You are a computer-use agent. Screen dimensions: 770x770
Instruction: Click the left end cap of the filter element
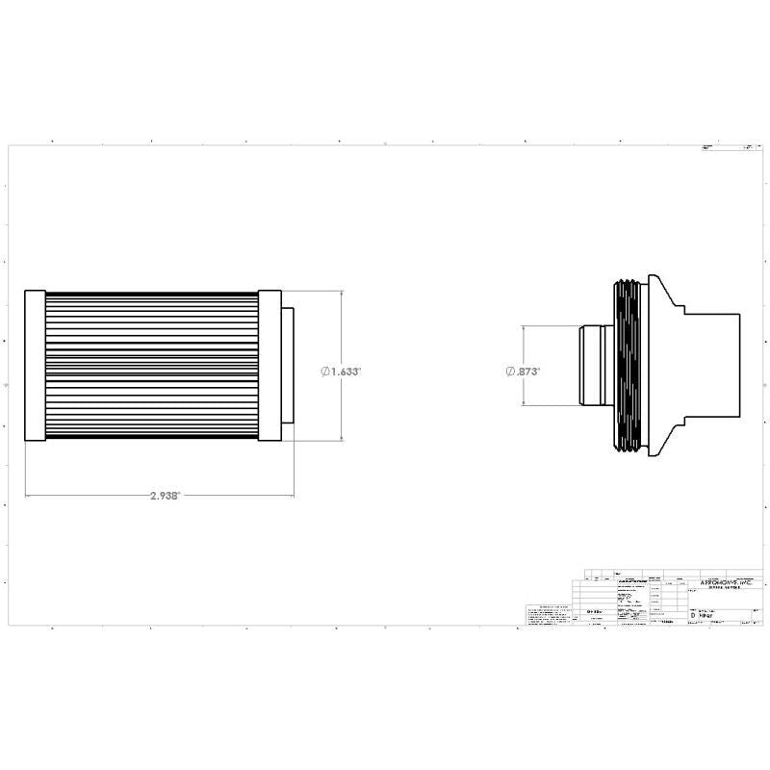point(35,365)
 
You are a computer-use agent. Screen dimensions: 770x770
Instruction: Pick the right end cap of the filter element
point(269,365)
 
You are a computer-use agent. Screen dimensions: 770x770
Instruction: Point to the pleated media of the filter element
point(151,365)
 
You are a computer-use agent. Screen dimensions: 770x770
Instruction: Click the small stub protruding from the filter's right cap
point(288,365)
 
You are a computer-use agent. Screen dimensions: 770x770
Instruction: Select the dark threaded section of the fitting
point(629,366)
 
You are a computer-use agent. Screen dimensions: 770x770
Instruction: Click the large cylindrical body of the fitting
point(712,366)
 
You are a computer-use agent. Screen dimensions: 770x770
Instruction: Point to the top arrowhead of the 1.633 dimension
point(343,293)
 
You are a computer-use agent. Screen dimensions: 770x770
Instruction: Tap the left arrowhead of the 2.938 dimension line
point(28,496)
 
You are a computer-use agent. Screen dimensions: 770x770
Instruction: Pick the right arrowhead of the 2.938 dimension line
point(292,496)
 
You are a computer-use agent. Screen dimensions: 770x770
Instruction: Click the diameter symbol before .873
point(510,371)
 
